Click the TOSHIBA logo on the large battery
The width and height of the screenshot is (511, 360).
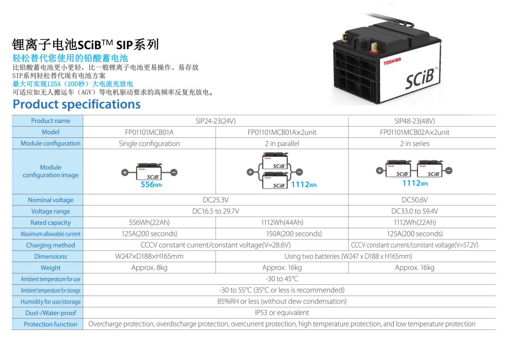(x=392, y=61)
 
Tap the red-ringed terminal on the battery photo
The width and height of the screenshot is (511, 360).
(x=374, y=49)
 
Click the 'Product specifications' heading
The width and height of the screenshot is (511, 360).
(x=76, y=104)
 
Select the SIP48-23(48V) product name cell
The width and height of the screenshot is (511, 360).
(x=414, y=121)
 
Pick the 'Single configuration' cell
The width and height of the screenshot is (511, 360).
(x=149, y=144)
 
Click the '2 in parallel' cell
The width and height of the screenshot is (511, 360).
(x=282, y=144)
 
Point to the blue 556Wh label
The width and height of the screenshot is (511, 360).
(x=151, y=184)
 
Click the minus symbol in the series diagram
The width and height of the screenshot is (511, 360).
(x=449, y=170)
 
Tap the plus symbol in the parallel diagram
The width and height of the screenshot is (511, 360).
(x=250, y=172)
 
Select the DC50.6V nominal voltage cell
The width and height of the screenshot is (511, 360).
(x=414, y=200)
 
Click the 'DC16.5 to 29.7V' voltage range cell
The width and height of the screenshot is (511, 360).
(x=216, y=211)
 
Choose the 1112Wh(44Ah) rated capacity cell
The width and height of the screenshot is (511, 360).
(x=282, y=223)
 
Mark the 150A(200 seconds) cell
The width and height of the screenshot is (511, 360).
(x=294, y=234)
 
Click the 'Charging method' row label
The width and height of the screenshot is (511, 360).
(x=50, y=245)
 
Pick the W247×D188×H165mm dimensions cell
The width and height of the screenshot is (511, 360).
(x=149, y=256)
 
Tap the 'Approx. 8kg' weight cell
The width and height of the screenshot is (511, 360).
(x=149, y=268)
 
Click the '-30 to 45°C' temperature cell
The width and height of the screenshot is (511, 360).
(x=282, y=279)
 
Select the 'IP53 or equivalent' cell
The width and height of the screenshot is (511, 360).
(x=282, y=313)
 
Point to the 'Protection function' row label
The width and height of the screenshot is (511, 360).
(x=50, y=324)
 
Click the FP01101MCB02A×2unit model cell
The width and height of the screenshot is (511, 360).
(x=414, y=132)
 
